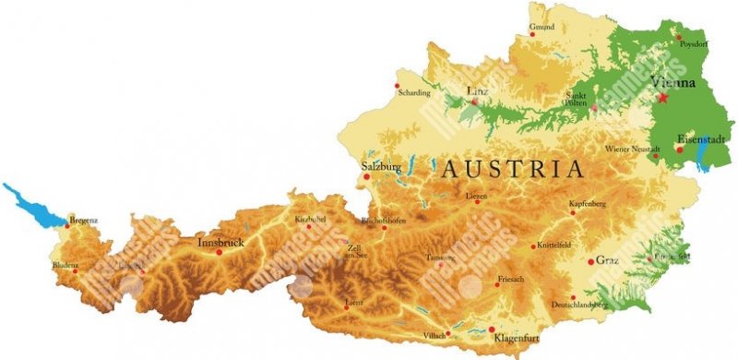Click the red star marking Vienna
(x=663, y=96)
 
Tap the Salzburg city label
(x=382, y=166)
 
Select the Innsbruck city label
(x=220, y=242)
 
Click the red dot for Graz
(x=591, y=261)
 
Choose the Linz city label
(x=477, y=90)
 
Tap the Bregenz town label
(x=83, y=220)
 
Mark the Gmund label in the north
(x=542, y=27)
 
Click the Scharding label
(x=413, y=92)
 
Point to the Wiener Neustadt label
(x=632, y=149)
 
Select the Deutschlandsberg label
(x=579, y=304)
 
